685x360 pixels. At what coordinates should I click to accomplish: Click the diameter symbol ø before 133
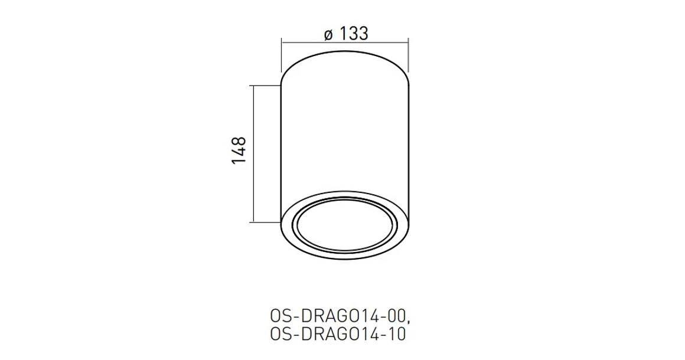click(x=329, y=34)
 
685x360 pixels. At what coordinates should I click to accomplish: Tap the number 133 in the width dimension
click(x=354, y=34)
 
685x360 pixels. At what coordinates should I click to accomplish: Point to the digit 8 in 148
click(x=238, y=142)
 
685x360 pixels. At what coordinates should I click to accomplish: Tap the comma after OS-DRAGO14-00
click(x=406, y=319)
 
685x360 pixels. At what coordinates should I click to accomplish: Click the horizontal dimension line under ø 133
click(x=344, y=42)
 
